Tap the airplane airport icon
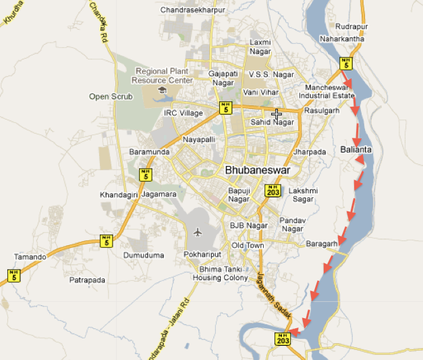tap(198, 232)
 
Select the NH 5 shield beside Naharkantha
tap(346, 63)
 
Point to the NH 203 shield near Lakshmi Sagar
tap(273, 190)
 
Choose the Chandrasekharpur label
tap(192, 10)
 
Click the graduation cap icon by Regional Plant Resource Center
tap(162, 90)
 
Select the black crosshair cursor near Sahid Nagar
tap(276, 114)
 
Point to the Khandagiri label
tap(119, 195)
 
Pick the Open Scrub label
tap(108, 97)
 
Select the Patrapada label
tap(87, 279)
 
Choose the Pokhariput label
tap(202, 255)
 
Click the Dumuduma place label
tap(143, 255)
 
